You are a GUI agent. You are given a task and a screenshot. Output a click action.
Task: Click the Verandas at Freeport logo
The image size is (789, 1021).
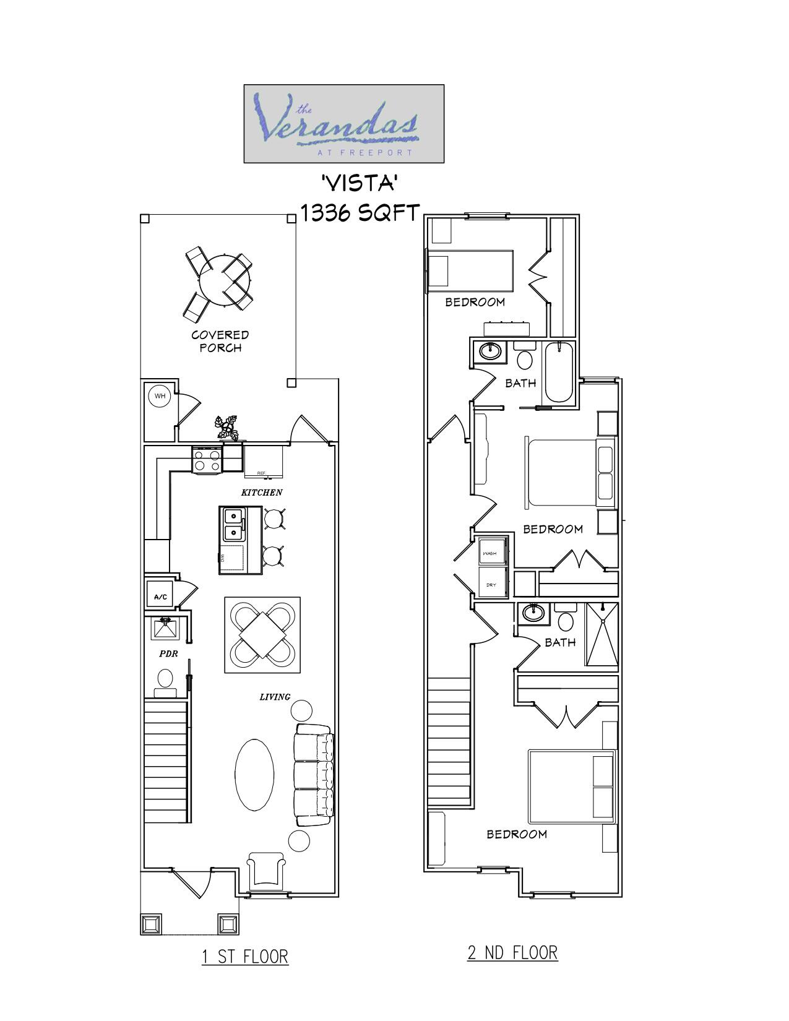(x=343, y=124)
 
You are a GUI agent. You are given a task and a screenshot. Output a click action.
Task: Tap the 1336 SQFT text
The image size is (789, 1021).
(x=360, y=212)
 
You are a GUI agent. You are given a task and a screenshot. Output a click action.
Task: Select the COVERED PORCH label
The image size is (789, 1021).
(x=220, y=341)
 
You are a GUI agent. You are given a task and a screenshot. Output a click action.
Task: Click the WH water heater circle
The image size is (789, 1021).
(x=160, y=396)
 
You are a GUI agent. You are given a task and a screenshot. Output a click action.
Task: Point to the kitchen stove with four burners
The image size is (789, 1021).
(x=207, y=460)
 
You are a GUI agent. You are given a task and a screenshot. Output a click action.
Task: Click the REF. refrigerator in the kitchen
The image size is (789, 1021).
(x=264, y=462)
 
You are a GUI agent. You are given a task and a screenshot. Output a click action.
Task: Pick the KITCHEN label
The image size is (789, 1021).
(x=262, y=493)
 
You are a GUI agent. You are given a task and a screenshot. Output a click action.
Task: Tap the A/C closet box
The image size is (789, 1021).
(x=160, y=597)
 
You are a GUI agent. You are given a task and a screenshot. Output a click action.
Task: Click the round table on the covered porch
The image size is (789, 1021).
(x=225, y=280)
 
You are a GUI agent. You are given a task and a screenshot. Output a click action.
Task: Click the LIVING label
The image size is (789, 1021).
(x=275, y=697)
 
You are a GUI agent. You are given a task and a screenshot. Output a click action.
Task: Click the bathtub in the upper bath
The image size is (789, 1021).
(x=559, y=373)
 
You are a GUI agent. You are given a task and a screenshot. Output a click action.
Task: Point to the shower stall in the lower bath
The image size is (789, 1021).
(x=601, y=634)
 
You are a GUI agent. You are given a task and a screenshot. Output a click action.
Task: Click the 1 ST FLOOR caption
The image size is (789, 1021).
(x=245, y=956)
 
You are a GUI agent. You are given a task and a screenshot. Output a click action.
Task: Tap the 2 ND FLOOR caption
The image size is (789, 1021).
(x=512, y=952)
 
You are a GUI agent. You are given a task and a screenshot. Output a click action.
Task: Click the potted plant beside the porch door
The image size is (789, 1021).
(x=227, y=428)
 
